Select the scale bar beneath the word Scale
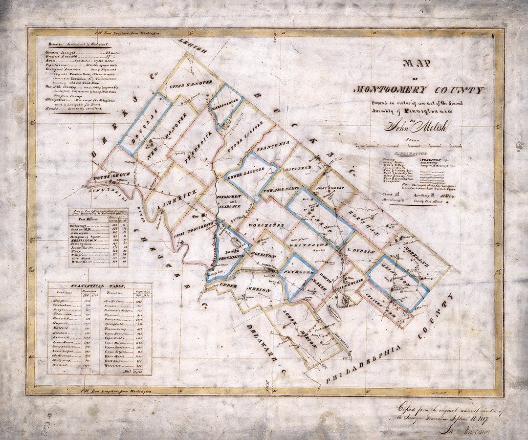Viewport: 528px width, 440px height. click(x=408, y=146)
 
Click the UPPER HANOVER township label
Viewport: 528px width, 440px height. click(x=191, y=82)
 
